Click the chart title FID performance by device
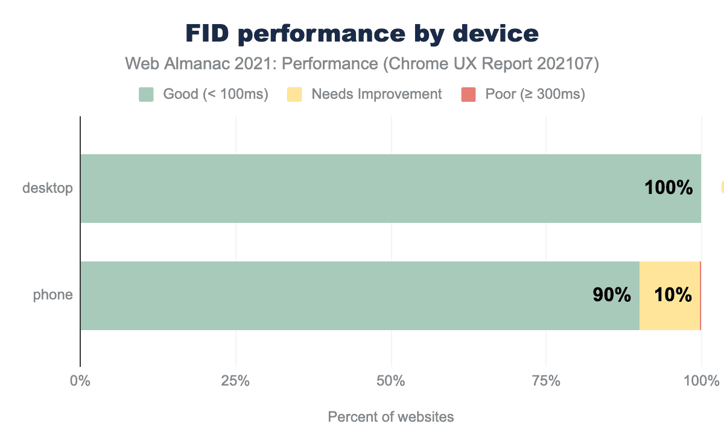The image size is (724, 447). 361,34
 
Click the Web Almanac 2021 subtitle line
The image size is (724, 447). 361,64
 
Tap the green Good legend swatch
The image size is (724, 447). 147,94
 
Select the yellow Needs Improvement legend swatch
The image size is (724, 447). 294,94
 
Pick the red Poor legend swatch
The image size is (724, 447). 469,94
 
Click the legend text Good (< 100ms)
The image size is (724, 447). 215,94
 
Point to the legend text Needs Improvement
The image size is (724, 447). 376,94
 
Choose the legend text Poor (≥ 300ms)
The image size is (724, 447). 535,94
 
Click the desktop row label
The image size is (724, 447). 48,188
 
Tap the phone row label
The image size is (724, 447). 53,295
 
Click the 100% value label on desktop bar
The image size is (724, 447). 668,188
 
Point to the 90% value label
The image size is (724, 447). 612,295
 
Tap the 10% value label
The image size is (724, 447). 673,295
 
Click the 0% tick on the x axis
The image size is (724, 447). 80,381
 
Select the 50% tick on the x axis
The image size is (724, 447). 392,381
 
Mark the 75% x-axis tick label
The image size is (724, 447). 546,381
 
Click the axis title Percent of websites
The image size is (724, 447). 391,417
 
